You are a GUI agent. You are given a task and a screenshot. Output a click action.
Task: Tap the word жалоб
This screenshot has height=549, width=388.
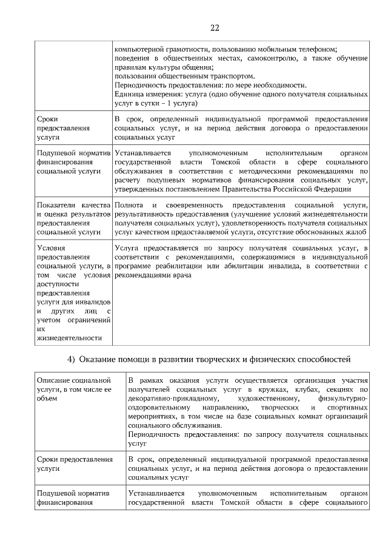click(x=357, y=232)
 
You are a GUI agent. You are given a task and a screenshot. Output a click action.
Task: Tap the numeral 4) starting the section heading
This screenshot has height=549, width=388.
click(x=71, y=360)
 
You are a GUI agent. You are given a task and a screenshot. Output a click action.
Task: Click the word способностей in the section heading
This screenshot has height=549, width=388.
click(x=321, y=360)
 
